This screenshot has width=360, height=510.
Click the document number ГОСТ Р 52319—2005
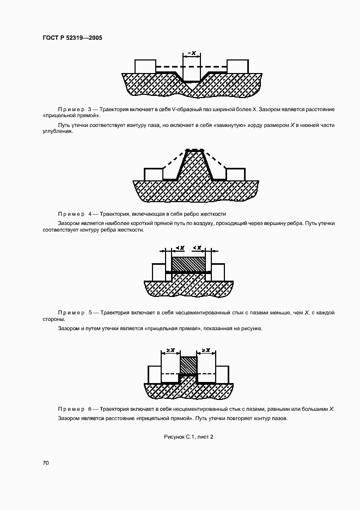tap(72, 38)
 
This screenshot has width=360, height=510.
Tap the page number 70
tap(46, 463)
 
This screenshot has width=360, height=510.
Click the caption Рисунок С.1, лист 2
tap(188, 436)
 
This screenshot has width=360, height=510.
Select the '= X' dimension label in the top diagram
tap(191, 53)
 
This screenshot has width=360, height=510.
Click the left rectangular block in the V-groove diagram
tap(145, 65)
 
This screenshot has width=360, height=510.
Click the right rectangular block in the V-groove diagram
tap(238, 65)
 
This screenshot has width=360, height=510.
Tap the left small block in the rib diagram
tap(154, 174)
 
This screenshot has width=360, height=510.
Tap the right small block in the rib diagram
tap(235, 174)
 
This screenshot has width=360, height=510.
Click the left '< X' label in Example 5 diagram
tap(180, 248)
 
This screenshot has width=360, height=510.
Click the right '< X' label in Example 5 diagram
tap(198, 248)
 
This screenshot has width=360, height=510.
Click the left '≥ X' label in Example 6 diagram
tap(170, 350)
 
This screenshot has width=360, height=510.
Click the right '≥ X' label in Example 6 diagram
tap(206, 350)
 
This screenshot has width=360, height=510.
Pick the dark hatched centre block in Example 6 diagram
tap(188, 366)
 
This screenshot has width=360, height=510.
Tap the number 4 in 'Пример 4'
tap(90, 214)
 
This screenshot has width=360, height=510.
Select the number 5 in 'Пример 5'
tap(90, 312)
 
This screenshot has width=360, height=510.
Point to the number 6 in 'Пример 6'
tap(90, 409)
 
